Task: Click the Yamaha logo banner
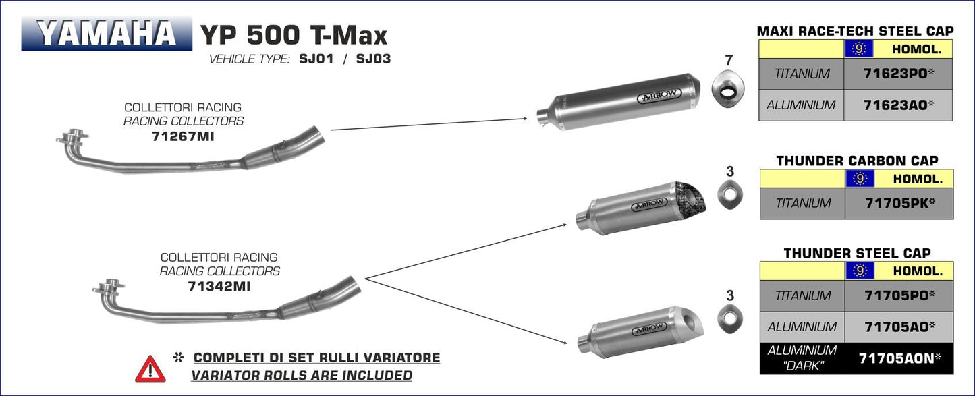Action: point(107,34)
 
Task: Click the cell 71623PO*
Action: point(898,74)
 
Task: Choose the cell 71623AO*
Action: point(898,105)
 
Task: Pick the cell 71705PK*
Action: point(899,203)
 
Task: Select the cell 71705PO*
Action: point(899,295)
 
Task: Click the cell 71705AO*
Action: point(899,327)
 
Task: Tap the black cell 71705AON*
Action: point(899,359)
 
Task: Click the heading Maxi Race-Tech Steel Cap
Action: point(855,31)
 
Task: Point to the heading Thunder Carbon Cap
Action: point(857,161)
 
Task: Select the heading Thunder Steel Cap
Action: point(857,254)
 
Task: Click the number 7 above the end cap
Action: point(729,61)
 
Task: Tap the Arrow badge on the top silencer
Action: point(657,98)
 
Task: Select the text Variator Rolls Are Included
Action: point(301,375)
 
